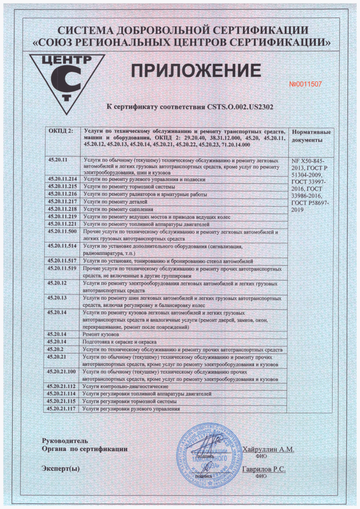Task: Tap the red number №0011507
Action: (305, 84)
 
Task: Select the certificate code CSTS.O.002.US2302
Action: (240, 107)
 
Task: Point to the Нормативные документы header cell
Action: (311, 136)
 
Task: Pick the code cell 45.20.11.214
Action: (62, 179)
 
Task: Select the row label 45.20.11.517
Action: (62, 261)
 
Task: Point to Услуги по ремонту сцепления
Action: (118, 209)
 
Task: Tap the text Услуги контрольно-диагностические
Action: (125, 387)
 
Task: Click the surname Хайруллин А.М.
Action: (268, 449)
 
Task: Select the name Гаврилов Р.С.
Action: (264, 469)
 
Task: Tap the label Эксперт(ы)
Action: (60, 469)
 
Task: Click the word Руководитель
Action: (65, 441)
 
